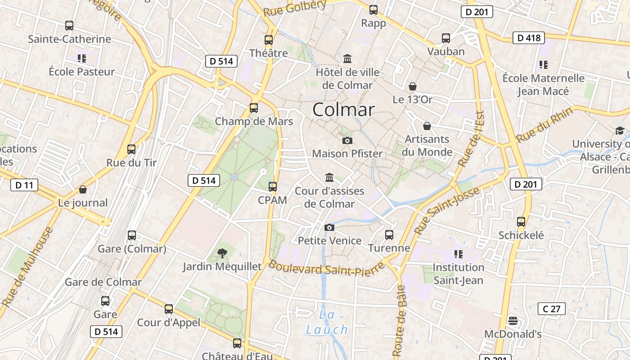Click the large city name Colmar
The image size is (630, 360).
(x=343, y=110)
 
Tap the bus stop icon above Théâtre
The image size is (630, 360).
(x=269, y=40)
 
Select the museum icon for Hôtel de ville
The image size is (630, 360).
(x=347, y=59)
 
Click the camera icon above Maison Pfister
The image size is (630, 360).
(x=347, y=140)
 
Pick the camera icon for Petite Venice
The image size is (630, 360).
(x=329, y=227)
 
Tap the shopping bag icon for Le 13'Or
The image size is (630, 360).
(x=412, y=86)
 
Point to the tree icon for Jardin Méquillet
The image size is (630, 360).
(x=222, y=253)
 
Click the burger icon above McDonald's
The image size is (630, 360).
(x=513, y=321)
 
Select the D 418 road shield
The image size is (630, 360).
(x=529, y=38)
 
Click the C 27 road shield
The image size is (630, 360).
(x=551, y=309)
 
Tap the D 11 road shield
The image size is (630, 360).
(x=24, y=185)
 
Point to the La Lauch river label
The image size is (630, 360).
(x=327, y=322)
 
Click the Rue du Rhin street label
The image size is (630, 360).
(x=544, y=125)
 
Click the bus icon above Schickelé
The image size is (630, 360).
(x=521, y=222)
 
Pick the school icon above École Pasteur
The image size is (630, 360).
(x=81, y=58)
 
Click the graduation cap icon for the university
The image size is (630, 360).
(x=620, y=130)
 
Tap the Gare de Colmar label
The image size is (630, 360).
(x=103, y=283)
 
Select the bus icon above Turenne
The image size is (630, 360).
(x=389, y=234)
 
